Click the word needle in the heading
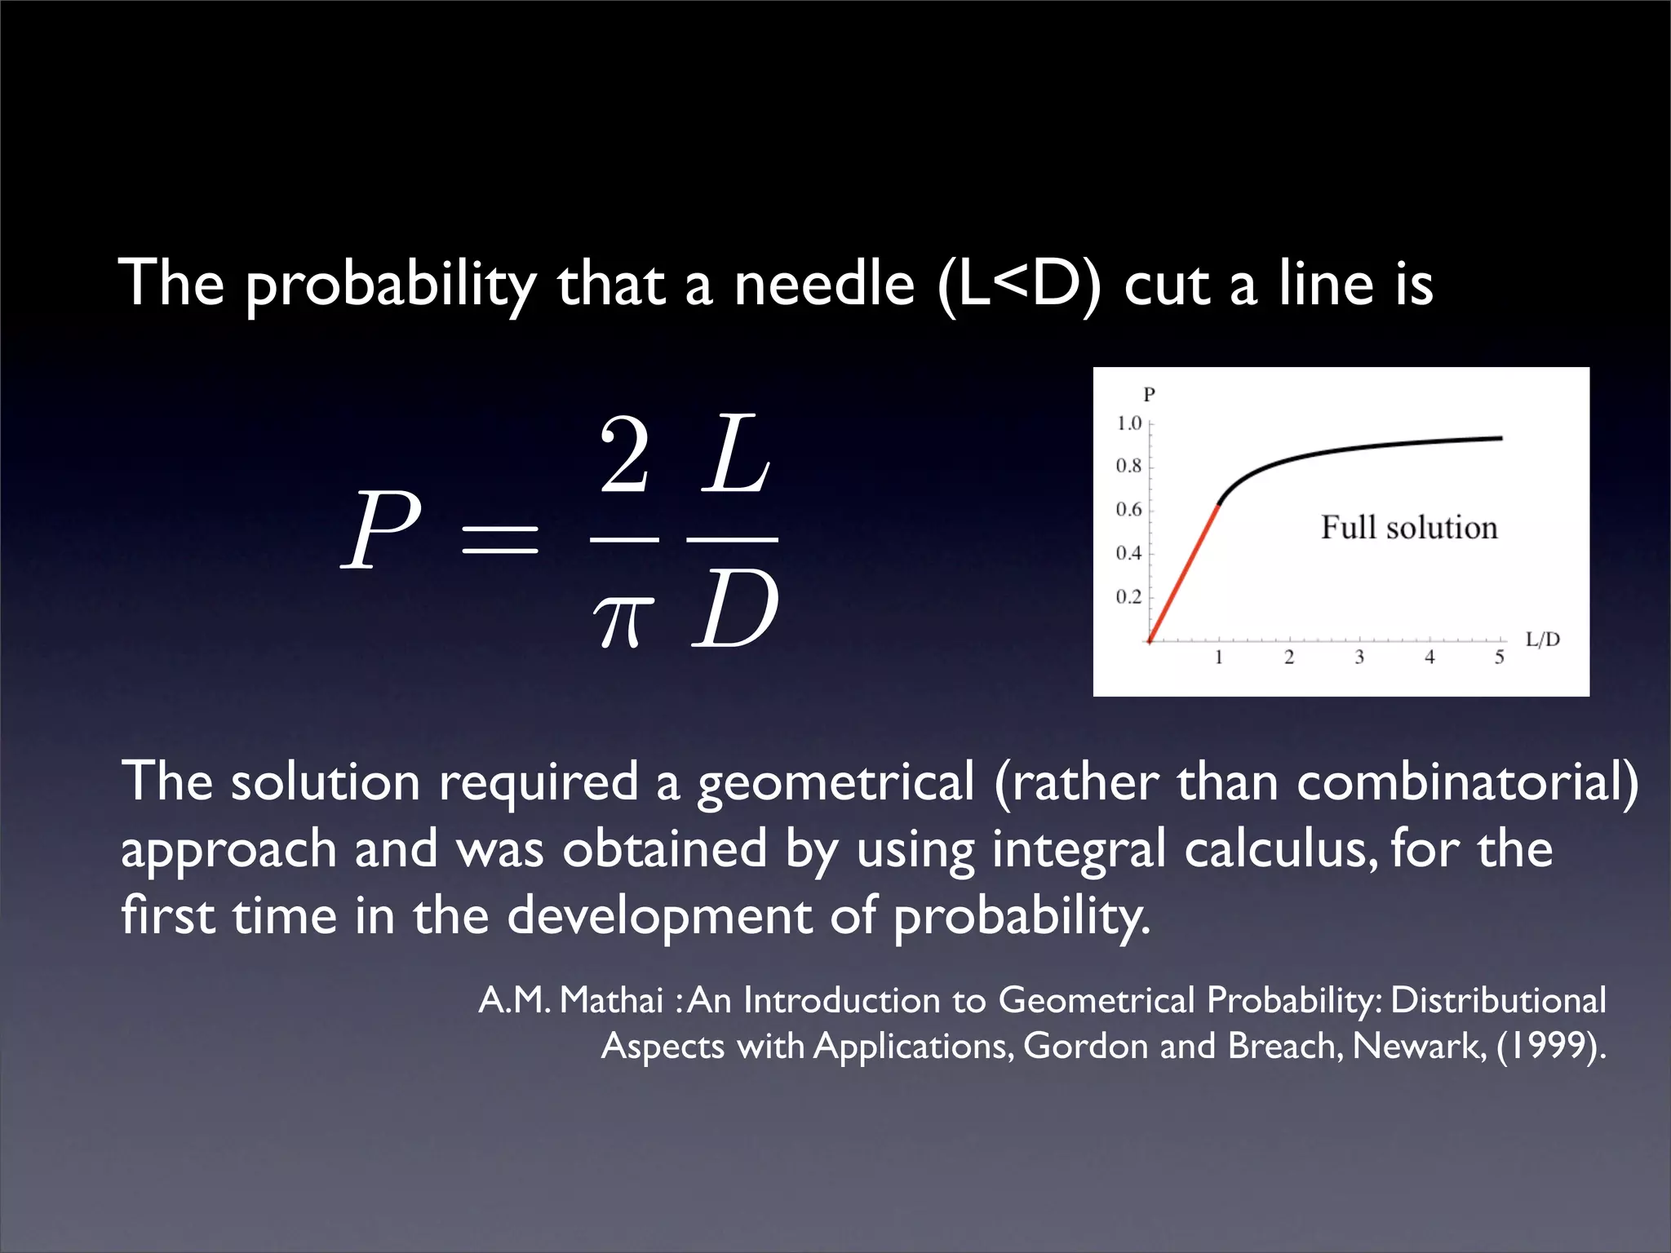[823, 285]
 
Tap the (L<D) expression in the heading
[1020, 285]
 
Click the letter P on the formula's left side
[381, 531]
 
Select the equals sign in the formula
[499, 539]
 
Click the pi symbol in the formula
[623, 620]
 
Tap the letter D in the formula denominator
[734, 610]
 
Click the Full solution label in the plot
[1409, 528]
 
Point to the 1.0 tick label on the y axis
[1128, 423]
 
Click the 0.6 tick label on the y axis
[1128, 510]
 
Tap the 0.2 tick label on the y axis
[1128, 597]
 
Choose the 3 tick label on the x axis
[1359, 657]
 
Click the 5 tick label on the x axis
[1500, 657]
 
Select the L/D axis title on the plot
[1543, 640]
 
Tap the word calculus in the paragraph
[1278, 849]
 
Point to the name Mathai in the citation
[612, 1001]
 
